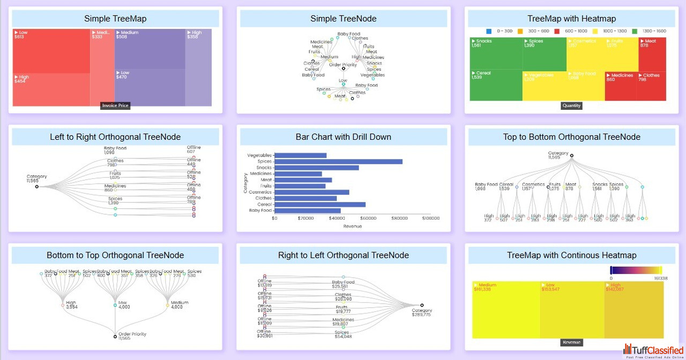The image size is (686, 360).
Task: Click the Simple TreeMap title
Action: pyautogui.click(x=115, y=19)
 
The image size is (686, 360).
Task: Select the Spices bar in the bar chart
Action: pyautogui.click(x=338, y=161)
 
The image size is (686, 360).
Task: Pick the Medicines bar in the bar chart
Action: pyautogui.click(x=298, y=174)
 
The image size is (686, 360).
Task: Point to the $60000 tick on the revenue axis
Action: pyautogui.click(x=368, y=218)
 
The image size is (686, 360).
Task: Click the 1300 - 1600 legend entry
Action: pyautogui.click(x=649, y=31)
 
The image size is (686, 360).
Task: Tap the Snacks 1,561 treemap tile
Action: pyautogui.click(x=496, y=54)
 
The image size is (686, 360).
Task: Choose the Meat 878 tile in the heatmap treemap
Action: pyautogui.click(x=652, y=54)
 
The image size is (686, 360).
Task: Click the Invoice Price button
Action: pyautogui.click(x=115, y=106)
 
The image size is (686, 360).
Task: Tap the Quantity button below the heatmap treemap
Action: pyautogui.click(x=571, y=106)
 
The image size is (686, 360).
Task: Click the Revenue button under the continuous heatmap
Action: pyautogui.click(x=571, y=342)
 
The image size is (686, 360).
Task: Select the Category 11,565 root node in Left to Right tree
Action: pyautogui.click(x=37, y=186)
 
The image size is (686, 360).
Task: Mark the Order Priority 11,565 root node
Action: pyautogui.click(x=115, y=336)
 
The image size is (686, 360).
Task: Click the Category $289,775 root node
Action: pyautogui.click(x=422, y=305)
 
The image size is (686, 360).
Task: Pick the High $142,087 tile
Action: pyautogui.click(x=634, y=309)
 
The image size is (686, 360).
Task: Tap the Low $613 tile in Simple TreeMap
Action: pyautogui.click(x=51, y=51)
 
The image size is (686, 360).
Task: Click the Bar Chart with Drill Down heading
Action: pyautogui.click(x=344, y=137)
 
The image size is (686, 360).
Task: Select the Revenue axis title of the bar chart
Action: pyautogui.click(x=352, y=226)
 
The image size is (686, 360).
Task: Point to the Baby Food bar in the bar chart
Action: pyautogui.click(x=307, y=211)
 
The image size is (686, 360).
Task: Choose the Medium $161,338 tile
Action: pyautogui.click(x=506, y=309)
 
